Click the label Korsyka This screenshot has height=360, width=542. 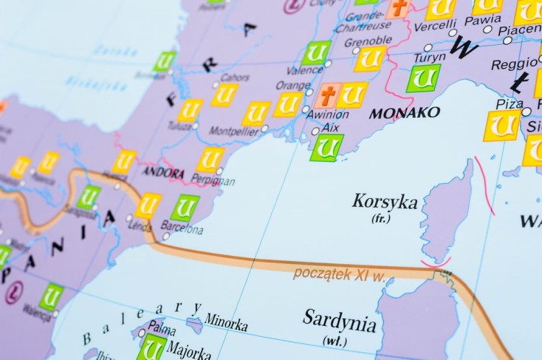(384, 201)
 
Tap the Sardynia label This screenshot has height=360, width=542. (339, 319)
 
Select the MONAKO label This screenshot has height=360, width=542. (404, 113)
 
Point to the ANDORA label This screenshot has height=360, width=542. (163, 173)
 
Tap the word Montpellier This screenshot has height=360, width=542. (233, 131)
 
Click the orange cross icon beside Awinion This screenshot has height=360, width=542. (328, 95)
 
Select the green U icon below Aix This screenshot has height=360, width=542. (327, 147)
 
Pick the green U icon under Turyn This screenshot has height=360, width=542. (422, 78)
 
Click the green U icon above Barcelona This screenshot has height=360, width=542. (185, 208)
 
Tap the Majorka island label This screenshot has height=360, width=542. (189, 349)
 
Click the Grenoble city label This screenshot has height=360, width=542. (368, 41)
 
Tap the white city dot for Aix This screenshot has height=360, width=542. (315, 132)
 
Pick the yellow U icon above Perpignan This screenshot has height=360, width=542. (211, 159)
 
